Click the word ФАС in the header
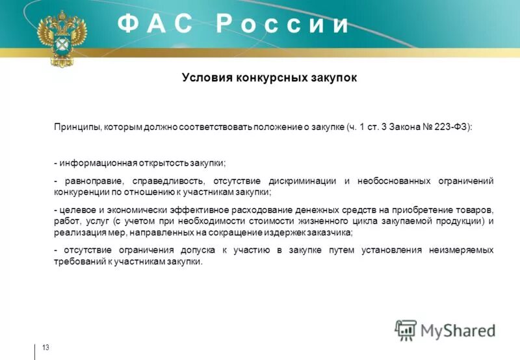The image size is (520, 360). tap(155, 24)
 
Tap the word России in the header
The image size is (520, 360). tap(283, 24)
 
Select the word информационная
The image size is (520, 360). tap(97, 162)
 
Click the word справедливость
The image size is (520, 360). tap(166, 180)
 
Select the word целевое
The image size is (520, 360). tap(77, 209)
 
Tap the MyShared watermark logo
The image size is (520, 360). tap(445, 330)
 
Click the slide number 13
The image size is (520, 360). tap(45, 348)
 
